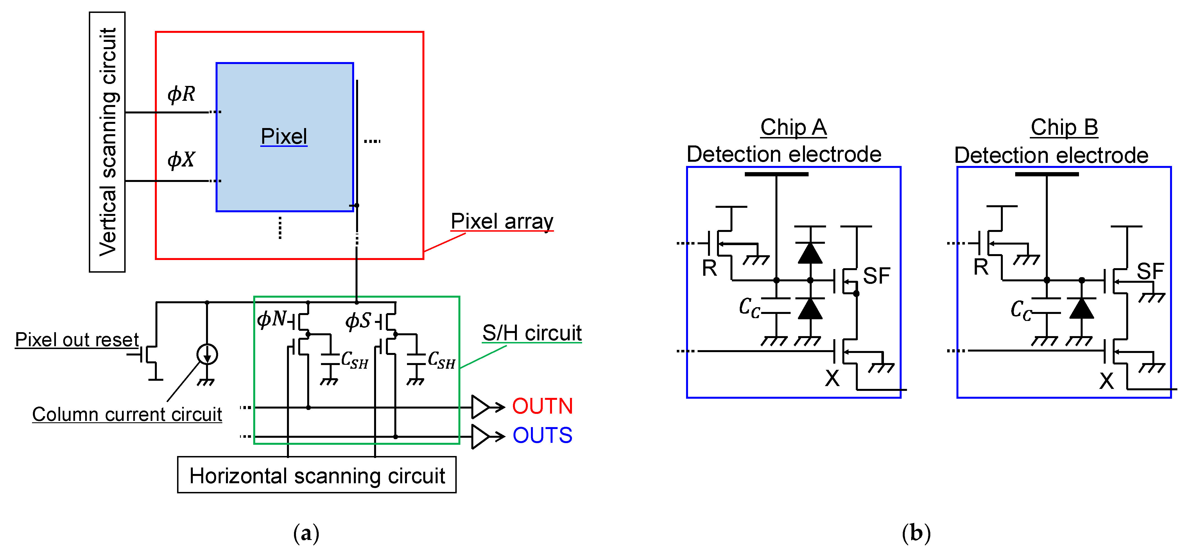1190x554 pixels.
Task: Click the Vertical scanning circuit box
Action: (107, 142)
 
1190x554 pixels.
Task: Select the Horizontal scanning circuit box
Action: (317, 475)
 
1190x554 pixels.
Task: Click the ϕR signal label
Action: (181, 94)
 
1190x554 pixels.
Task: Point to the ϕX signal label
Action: (181, 160)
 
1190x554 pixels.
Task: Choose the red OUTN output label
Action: (542, 406)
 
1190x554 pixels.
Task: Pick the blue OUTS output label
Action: (542, 435)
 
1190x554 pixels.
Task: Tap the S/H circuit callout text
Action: (532, 333)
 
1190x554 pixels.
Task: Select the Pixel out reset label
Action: (77, 340)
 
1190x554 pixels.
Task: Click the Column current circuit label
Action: (127, 414)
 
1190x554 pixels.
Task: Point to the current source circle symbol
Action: (207, 355)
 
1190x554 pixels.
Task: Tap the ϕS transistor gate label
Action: (358, 320)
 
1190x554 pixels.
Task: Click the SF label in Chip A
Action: (876, 276)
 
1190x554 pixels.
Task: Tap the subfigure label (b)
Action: (916, 533)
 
